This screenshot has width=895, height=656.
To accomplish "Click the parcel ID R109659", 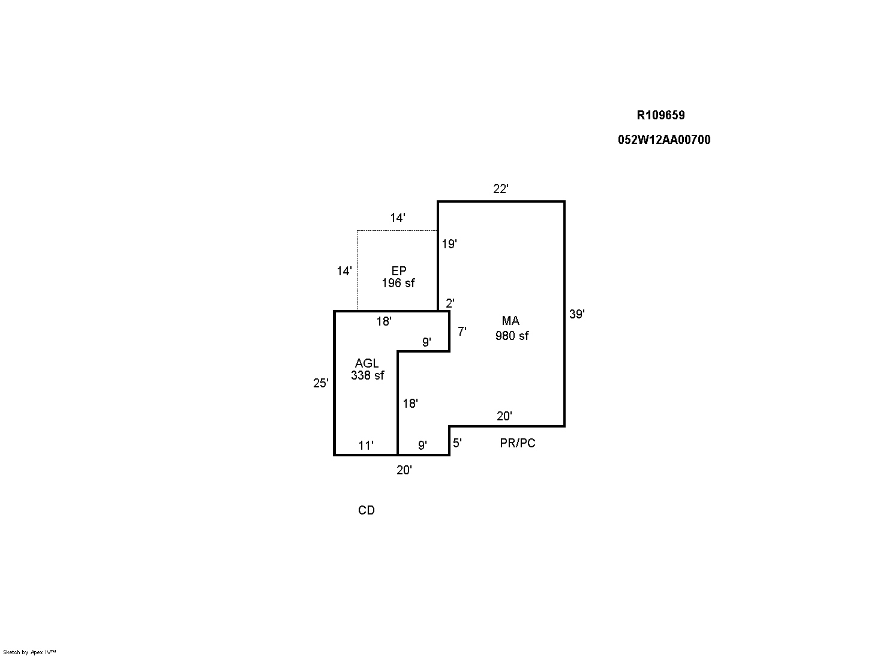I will point(660,115).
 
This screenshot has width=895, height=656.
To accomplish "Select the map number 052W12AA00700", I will point(664,140).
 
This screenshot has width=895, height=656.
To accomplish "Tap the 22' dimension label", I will point(501,189).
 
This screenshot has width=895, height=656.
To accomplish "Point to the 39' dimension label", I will point(576,314).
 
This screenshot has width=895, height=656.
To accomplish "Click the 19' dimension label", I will point(449,244).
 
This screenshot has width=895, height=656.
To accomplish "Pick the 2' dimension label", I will point(450,303).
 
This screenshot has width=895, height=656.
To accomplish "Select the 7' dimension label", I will point(462,331).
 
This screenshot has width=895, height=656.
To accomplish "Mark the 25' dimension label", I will point(321,383).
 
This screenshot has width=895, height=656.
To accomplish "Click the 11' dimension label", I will point(366,446).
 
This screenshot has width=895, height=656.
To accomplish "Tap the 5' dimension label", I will point(457,443).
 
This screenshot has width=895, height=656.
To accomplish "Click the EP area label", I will point(399,271).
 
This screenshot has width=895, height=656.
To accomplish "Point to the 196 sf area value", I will point(398,283).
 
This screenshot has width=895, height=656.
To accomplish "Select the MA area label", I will point(510,321).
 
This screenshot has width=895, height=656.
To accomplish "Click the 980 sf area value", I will point(512,336).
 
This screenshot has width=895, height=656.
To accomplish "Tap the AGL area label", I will point(367,363).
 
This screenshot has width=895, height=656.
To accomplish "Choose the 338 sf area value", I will point(368,375).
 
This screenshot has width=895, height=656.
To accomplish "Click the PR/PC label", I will point(518,443).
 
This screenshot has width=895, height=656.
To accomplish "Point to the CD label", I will point(367,510).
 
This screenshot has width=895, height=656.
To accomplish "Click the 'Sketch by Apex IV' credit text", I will point(29,652).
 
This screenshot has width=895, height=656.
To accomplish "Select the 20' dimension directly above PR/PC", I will point(504,416).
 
